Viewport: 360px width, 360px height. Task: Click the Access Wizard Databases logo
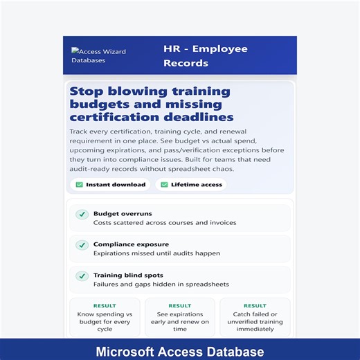tap(98, 55)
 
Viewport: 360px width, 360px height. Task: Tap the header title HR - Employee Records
tap(205, 56)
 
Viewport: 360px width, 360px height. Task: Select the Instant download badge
tap(110, 185)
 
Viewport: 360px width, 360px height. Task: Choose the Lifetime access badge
tap(191, 185)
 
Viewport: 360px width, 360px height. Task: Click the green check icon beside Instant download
tap(79, 185)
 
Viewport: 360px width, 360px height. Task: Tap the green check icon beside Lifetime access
tap(164, 185)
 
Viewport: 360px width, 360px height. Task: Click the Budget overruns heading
tap(123, 214)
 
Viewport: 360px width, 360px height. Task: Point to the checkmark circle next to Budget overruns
tap(82, 215)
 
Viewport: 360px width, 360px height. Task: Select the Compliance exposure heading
tap(132, 244)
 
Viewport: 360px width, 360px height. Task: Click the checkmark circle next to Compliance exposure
tap(82, 245)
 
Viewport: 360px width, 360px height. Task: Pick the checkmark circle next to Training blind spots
tap(82, 276)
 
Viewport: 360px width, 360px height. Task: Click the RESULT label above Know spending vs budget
tap(105, 305)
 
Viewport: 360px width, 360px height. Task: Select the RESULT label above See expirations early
tap(179, 305)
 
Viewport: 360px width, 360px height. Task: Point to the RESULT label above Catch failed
tap(255, 305)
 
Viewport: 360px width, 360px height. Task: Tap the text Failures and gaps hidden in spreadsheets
tap(161, 284)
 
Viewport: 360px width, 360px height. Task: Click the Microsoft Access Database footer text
tap(179, 352)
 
